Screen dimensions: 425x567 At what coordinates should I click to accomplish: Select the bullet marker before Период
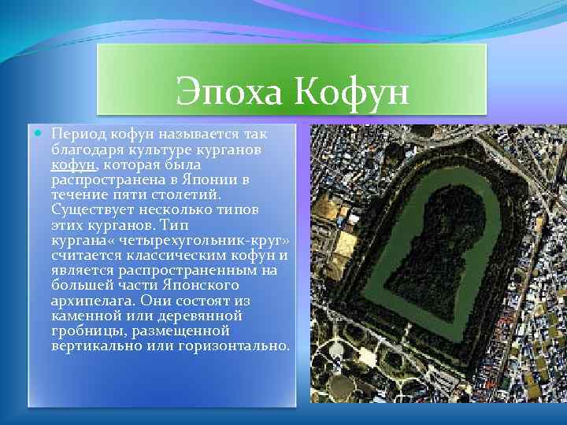pos(39,135)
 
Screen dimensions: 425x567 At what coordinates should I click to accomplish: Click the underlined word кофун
pos(74,165)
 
